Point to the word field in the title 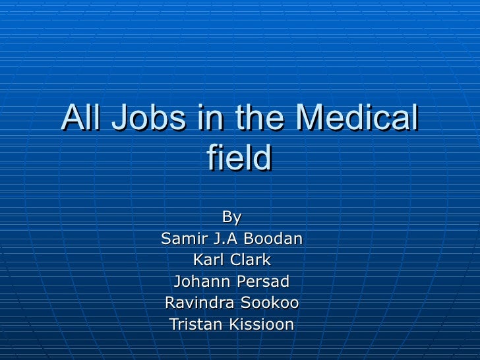[239, 158]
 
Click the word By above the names [231, 217]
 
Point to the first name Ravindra [194, 303]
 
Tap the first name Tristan [194, 324]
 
